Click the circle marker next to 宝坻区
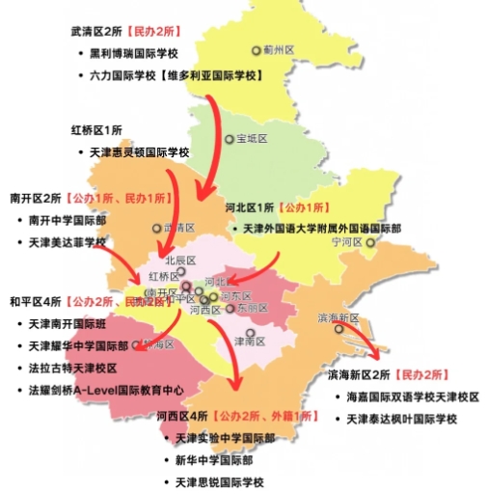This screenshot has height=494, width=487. pyautogui.click(x=230, y=139)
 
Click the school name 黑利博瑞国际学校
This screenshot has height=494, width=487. pyautogui.click(x=141, y=54)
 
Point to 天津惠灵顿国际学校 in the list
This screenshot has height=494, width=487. pyautogui.click(x=141, y=152)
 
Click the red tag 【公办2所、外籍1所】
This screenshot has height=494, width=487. pyautogui.click(x=265, y=415)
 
